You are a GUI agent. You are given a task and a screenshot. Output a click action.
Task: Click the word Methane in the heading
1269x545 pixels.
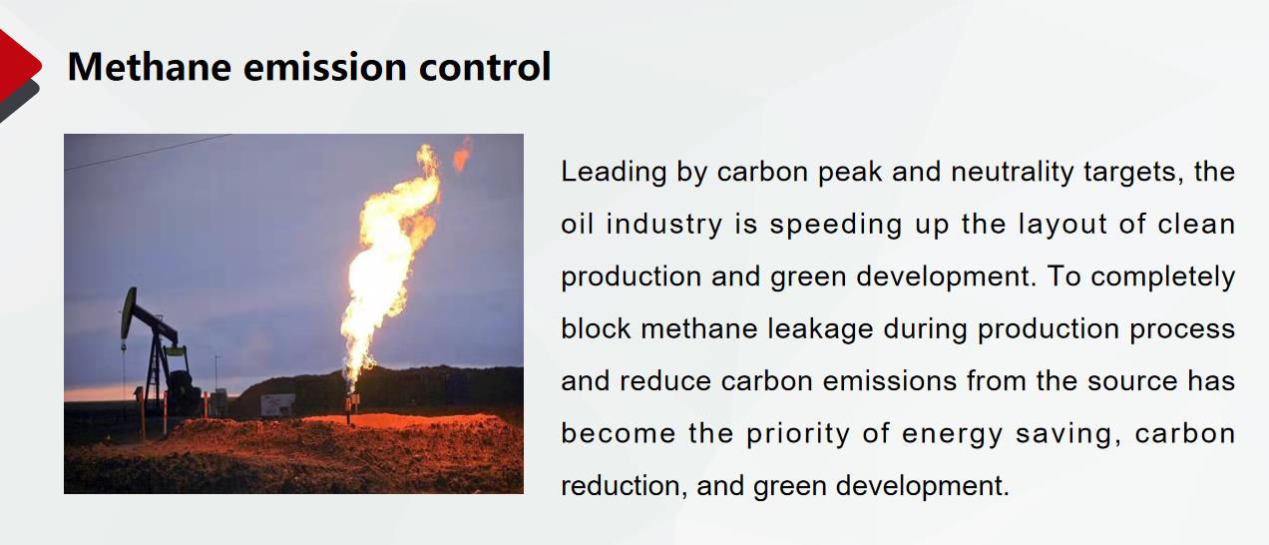click(150, 67)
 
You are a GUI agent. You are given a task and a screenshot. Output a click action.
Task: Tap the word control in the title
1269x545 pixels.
click(485, 67)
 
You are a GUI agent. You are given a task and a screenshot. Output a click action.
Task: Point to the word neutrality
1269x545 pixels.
click(1013, 173)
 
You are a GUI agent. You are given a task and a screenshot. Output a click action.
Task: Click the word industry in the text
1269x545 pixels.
click(664, 225)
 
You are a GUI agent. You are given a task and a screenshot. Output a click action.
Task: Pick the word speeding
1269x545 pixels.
click(836, 225)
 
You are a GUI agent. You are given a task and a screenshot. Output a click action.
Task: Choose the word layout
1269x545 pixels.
click(1062, 225)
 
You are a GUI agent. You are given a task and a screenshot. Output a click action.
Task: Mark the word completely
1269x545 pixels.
click(1162, 277)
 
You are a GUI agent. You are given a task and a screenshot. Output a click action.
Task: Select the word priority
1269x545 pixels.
click(798, 434)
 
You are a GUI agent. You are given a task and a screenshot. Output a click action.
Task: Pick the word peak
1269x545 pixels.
click(850, 173)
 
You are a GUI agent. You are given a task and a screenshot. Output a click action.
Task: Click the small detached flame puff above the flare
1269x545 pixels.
click(462, 154)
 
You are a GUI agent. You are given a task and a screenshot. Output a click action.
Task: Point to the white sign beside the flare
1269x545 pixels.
click(277, 404)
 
